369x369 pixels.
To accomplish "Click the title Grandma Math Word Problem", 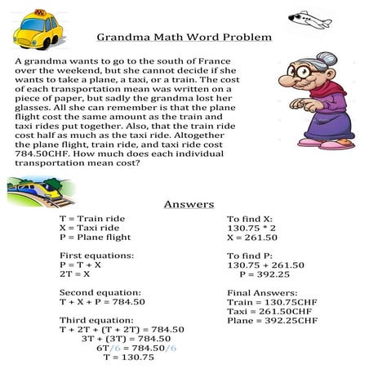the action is click(x=184, y=38).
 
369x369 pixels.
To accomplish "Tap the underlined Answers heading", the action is click(x=189, y=204).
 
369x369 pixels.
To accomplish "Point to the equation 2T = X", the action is click(x=75, y=277).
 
